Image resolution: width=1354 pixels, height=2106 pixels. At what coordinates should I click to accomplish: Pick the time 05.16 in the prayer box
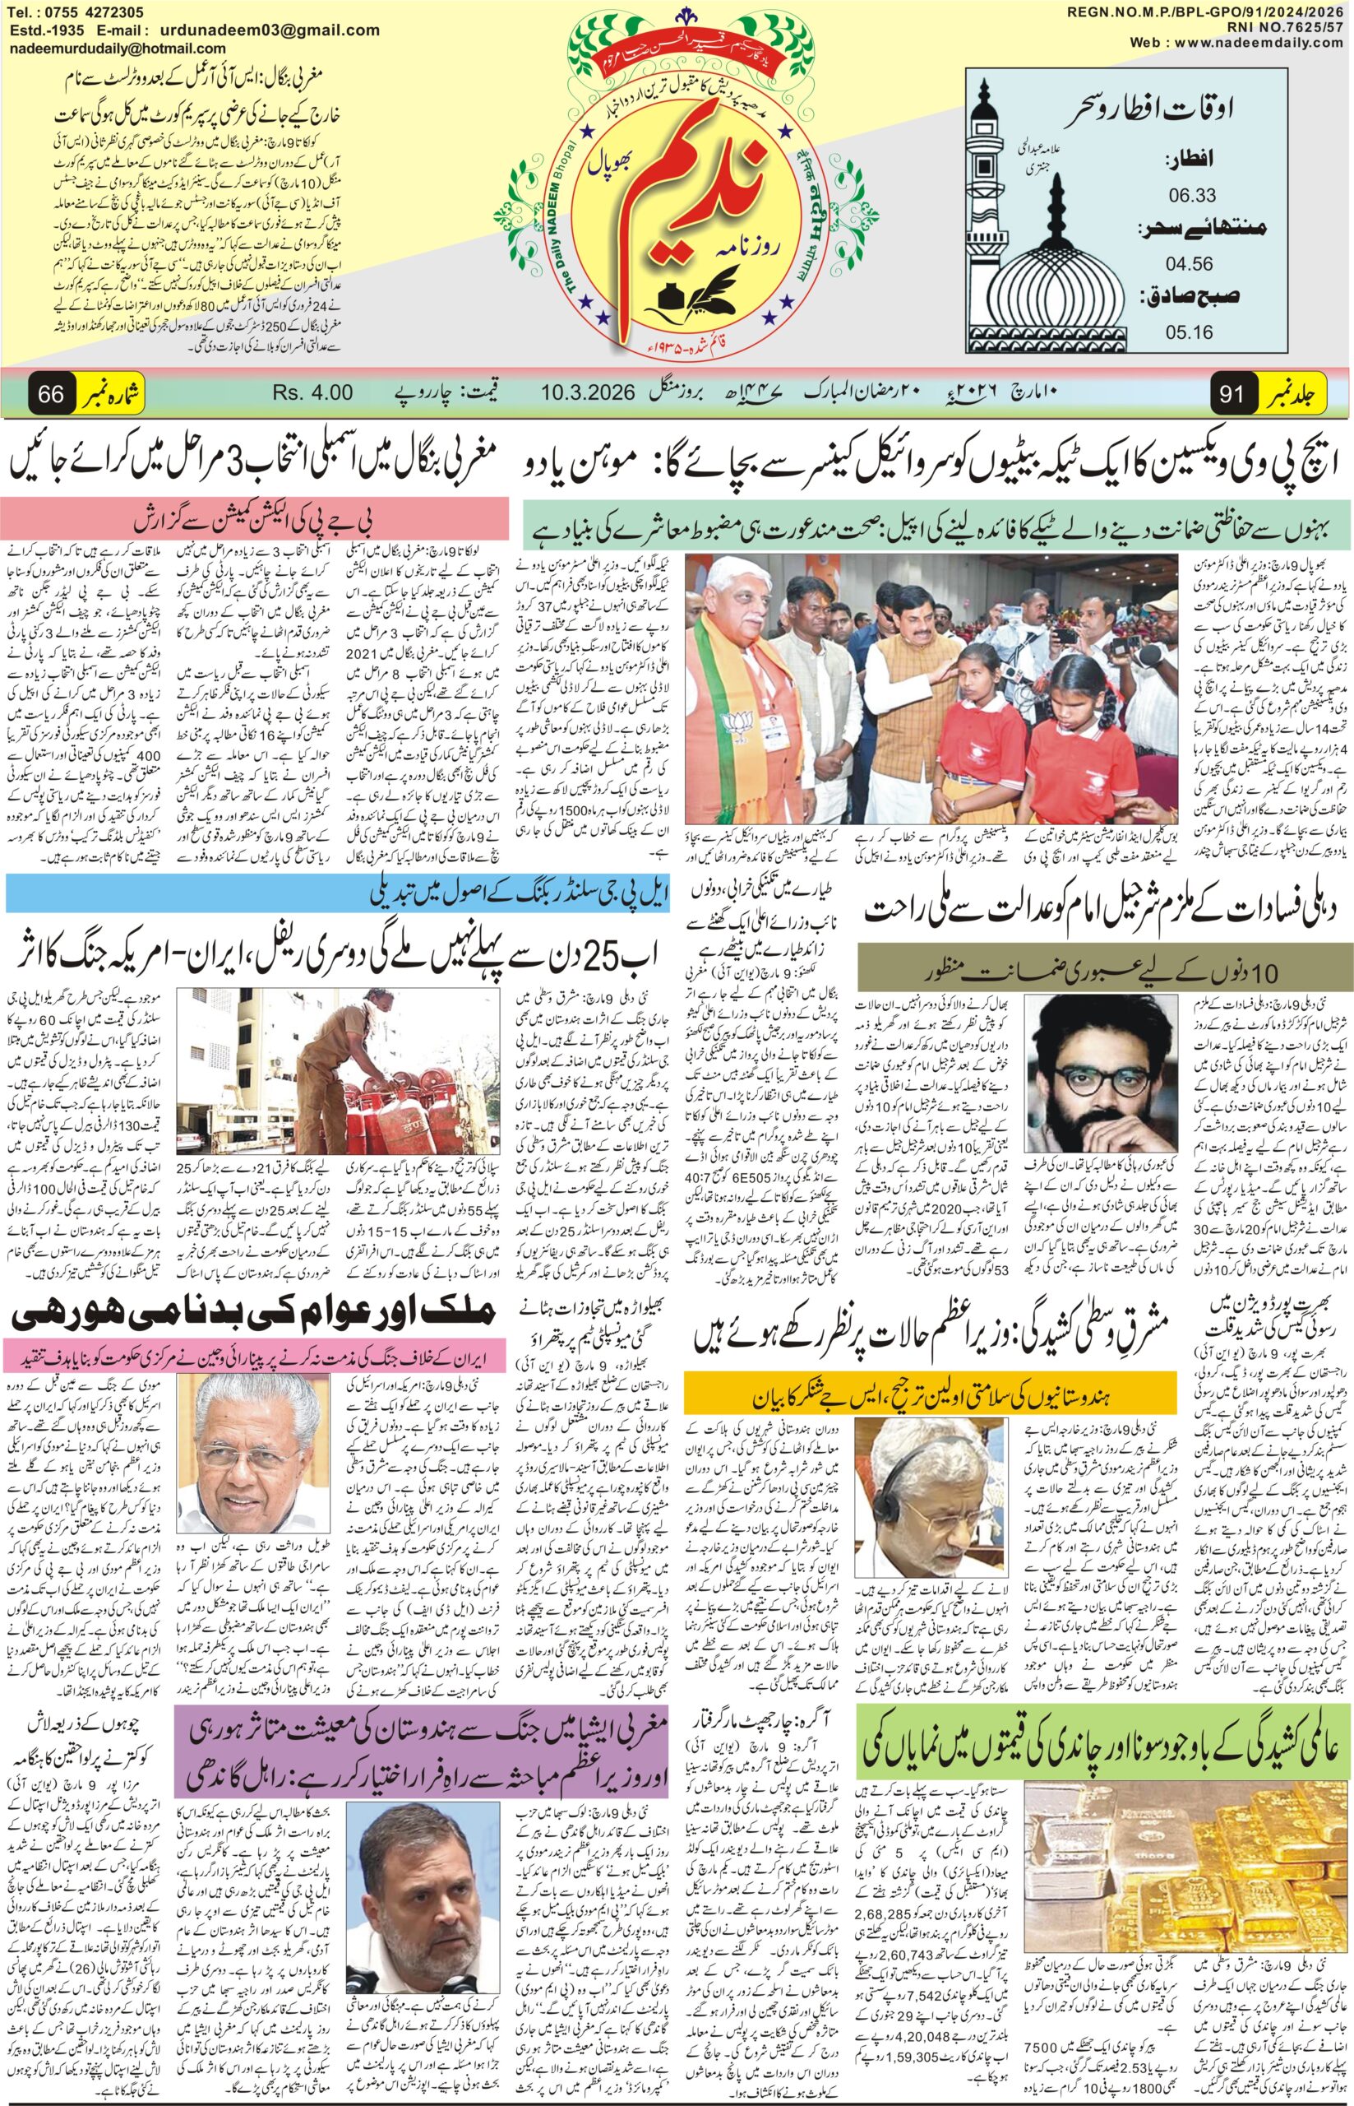[x=1191, y=332]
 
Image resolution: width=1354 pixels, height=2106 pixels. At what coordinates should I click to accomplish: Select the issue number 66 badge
[x=51, y=393]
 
